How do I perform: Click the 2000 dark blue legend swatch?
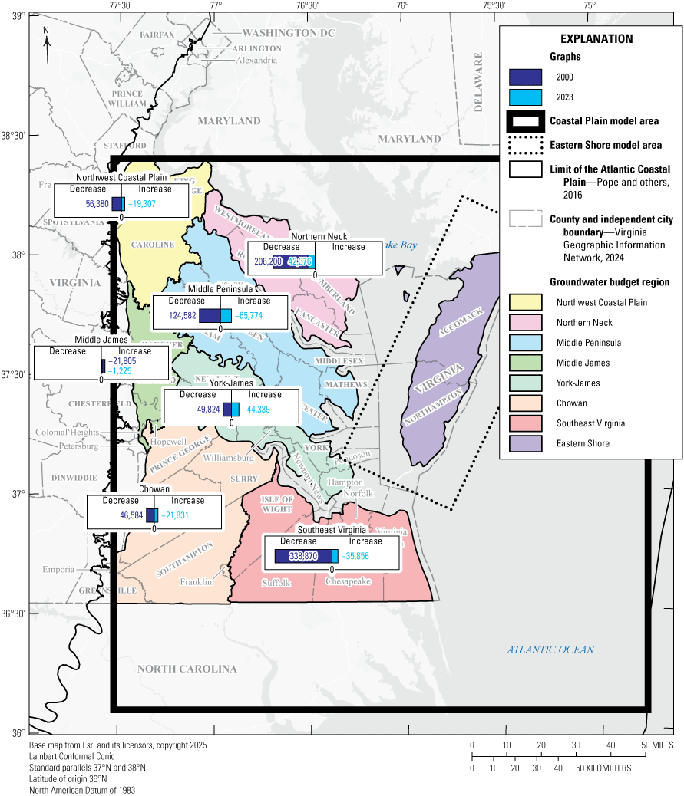point(526,77)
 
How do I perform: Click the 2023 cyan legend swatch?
point(526,97)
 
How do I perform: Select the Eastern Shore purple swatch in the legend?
point(526,443)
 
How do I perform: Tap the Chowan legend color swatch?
point(526,403)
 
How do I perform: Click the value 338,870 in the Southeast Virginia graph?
point(301,557)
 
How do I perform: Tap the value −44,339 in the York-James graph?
point(256,410)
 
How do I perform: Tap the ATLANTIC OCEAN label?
point(550,650)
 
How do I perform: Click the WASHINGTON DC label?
point(279,33)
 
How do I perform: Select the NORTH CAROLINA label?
point(187,669)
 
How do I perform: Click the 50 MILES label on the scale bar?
point(657,745)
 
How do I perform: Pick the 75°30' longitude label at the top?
point(494,5)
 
